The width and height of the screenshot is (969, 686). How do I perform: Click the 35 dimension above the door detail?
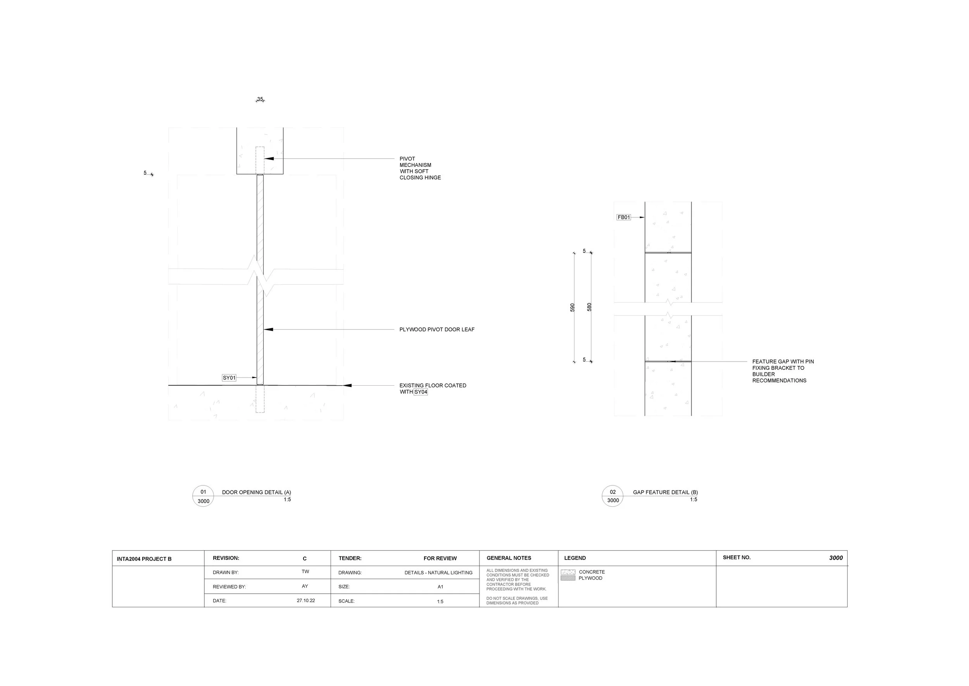pos(260,99)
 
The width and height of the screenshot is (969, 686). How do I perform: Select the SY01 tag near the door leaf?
pos(229,378)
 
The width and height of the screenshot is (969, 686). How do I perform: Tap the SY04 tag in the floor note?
pos(421,392)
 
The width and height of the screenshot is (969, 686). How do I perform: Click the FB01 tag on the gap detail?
pos(624,218)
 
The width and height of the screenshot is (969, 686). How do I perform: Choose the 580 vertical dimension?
pos(590,307)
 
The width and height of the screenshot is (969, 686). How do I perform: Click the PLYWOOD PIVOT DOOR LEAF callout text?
pos(437,329)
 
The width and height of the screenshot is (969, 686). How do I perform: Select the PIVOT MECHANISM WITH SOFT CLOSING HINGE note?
pos(420,168)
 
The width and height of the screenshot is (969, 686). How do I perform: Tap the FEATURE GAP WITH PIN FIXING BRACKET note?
pos(783,371)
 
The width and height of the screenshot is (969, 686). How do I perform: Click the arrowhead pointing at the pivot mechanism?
pos(269,159)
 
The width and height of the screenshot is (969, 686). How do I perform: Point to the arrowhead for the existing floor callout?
pos(347,385)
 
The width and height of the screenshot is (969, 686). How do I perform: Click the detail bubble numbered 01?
pos(203,496)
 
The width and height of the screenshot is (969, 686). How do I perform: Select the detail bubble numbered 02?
pos(612,496)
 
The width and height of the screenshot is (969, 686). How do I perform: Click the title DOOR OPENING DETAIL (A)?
pos(257,492)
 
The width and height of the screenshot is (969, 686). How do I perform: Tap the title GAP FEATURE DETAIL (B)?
pos(666,492)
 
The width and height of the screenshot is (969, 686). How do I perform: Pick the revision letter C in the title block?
pos(305,558)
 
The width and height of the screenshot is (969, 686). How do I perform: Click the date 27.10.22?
pos(306,600)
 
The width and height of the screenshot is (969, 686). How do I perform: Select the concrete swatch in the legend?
pos(568,572)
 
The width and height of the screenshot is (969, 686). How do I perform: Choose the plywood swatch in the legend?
pos(568,578)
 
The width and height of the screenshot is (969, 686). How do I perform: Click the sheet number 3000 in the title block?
pos(836,558)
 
